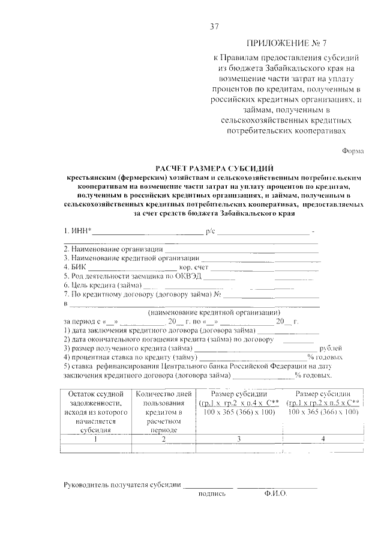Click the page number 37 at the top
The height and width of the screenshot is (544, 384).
pyautogui.click(x=214, y=26)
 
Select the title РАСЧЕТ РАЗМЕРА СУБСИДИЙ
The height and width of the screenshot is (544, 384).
pyautogui.click(x=214, y=170)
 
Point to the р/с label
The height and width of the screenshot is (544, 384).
pyautogui.click(x=210, y=230)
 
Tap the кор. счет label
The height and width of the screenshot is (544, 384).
pyautogui.click(x=193, y=266)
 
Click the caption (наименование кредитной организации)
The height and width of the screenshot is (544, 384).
pyautogui.click(x=214, y=313)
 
